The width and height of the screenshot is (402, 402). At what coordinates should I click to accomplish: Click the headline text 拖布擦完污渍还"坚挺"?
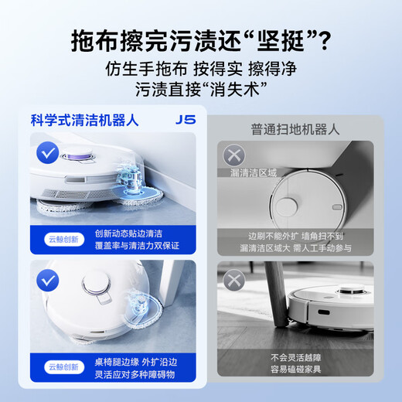pos(201,38)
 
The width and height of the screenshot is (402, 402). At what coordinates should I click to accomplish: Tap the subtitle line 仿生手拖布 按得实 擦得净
pos(201,68)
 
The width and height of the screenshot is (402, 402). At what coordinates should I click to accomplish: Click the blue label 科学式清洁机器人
pos(82,120)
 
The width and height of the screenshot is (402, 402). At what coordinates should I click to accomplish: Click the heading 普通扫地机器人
pos(295,129)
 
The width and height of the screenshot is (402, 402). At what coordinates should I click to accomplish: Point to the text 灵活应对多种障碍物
pos(133,373)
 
